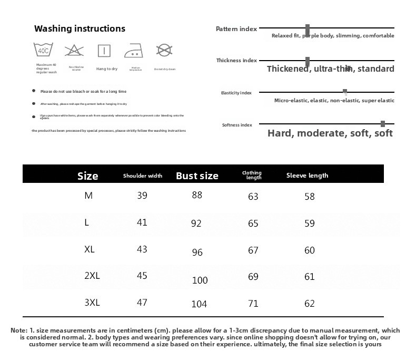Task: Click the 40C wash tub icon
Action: pyautogui.click(x=43, y=51)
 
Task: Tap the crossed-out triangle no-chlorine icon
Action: pyautogui.click(x=74, y=51)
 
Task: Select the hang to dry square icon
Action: pyautogui.click(x=104, y=51)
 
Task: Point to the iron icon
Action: pyautogui.click(x=134, y=51)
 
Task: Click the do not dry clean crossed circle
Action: pyautogui.click(x=164, y=50)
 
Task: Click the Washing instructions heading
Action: pyautogui.click(x=80, y=28)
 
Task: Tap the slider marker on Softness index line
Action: pyautogui.click(x=383, y=124)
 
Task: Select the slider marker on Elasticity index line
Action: pyautogui.click(x=345, y=92)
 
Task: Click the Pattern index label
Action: pyautogui.click(x=236, y=29)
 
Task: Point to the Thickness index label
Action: pyautogui.click(x=236, y=61)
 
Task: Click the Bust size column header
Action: pyautogui.click(x=197, y=176)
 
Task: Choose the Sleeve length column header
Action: pyautogui.click(x=307, y=176)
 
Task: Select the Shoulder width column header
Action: pyautogui.click(x=143, y=176)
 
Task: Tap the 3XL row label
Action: pyautogui.click(x=92, y=303)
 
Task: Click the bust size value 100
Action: pyautogui.click(x=200, y=280)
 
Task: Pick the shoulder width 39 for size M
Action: pyautogui.click(x=142, y=196)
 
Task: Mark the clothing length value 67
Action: pyautogui.click(x=253, y=250)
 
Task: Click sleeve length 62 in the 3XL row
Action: pyautogui.click(x=309, y=304)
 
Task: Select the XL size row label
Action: pyautogui.click(x=90, y=249)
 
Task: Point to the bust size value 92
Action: pyautogui.click(x=196, y=223)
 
